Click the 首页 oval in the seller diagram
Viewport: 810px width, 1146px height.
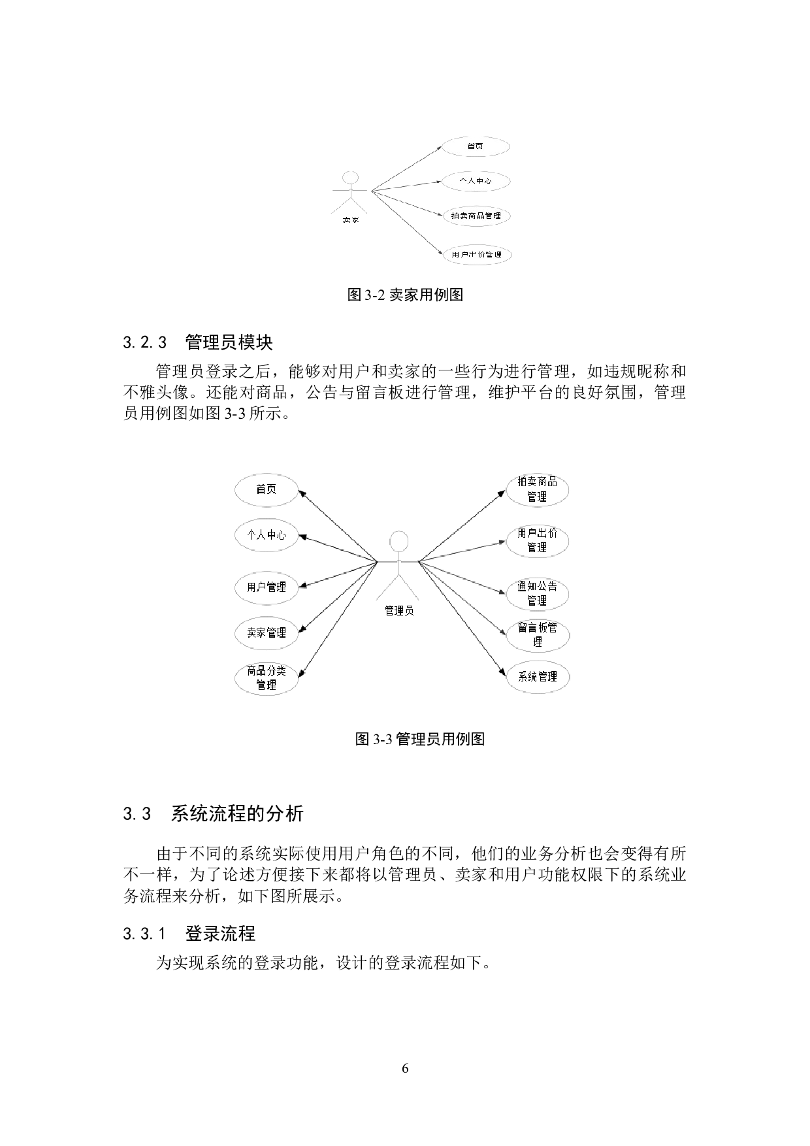(476, 146)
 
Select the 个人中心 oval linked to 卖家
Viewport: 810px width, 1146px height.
(476, 180)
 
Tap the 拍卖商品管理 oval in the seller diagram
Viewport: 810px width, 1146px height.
(476, 216)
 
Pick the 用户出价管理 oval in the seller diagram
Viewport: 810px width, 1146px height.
(476, 254)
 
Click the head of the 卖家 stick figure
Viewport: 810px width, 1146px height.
(351, 178)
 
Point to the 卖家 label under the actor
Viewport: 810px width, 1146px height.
(351, 220)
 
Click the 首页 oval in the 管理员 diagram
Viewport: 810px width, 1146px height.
(266, 489)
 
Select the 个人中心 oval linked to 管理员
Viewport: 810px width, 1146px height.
(266, 535)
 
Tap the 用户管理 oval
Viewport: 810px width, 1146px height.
(266, 587)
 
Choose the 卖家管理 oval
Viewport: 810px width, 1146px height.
(266, 632)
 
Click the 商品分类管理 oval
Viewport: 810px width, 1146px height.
(266, 678)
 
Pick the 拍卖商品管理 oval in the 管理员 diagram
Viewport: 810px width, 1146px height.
(538, 489)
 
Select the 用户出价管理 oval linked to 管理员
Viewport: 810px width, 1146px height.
(538, 541)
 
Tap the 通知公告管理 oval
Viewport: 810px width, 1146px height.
(538, 593)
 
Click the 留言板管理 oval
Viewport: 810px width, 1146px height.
(538, 635)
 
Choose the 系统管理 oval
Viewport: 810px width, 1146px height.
(538, 677)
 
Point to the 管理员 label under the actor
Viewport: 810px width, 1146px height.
(398, 611)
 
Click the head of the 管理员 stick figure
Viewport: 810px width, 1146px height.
(398, 541)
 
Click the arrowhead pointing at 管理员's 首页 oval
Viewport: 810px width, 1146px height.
(302, 493)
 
